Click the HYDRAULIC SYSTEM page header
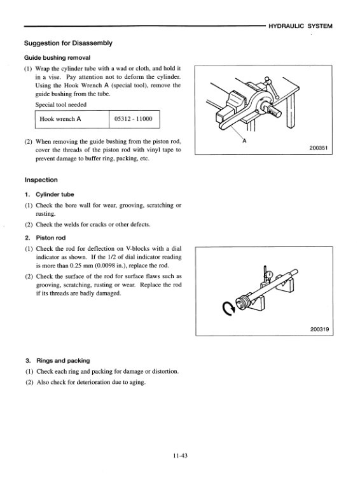pyautogui.click(x=300, y=26)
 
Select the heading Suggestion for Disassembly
pyautogui.click(x=68, y=43)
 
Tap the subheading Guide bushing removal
pyautogui.click(x=57, y=57)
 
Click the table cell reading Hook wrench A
pyautogui.click(x=60, y=119)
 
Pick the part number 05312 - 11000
pyautogui.click(x=133, y=119)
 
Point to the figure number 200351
pyautogui.click(x=319, y=148)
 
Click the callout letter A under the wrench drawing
pyautogui.click(x=244, y=141)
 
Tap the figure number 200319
pyautogui.click(x=319, y=329)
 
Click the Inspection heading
pyautogui.click(x=41, y=180)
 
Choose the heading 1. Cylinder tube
pyautogui.click(x=50, y=194)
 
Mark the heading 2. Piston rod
pyautogui.click(x=45, y=238)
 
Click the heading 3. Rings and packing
pyautogui.click(x=58, y=360)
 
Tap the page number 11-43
pyautogui.click(x=180, y=456)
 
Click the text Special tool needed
pyautogui.click(x=61, y=104)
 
